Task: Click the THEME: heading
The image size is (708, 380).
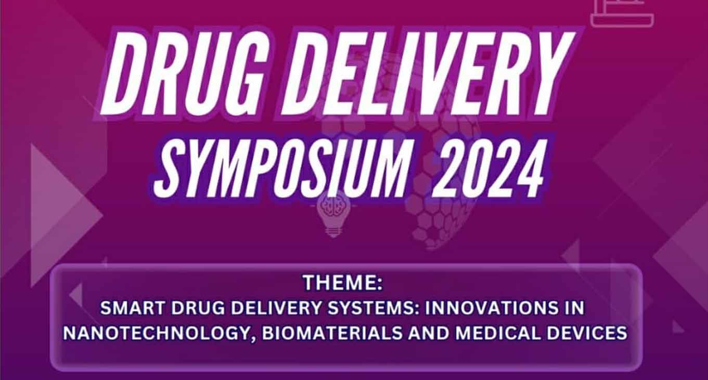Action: click(342, 282)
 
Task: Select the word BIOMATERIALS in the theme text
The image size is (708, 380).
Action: click(332, 333)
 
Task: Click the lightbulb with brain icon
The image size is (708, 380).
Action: click(332, 215)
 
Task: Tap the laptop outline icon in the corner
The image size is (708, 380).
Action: click(622, 12)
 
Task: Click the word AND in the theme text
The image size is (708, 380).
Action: click(429, 333)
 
